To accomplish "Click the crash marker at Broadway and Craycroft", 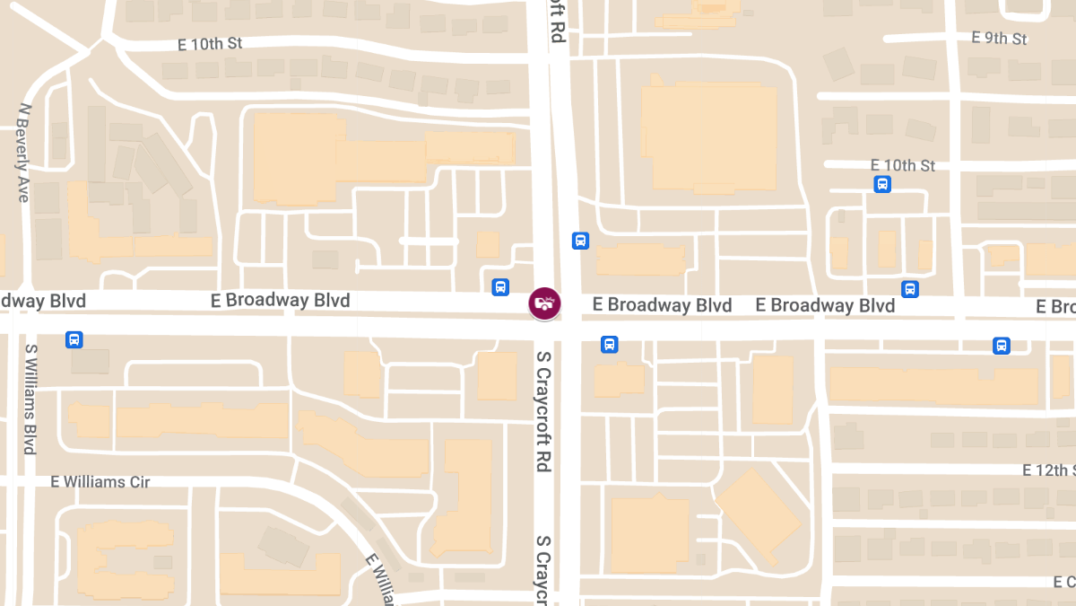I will pos(544,303).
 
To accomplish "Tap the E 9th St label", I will pos(999,38).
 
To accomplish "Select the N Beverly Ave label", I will pos(23,152).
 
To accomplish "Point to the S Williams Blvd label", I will pos(30,400).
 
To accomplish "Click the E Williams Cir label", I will pos(100,482).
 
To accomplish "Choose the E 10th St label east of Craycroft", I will pos(903,165).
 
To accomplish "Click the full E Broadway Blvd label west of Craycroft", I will pos(280,300).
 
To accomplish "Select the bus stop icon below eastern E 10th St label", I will pos(882,184).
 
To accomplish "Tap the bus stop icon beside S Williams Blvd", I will pos(74,339).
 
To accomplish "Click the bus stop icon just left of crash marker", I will pos(501,287).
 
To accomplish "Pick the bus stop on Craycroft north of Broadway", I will pos(580,241).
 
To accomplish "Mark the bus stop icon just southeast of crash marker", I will pos(609,344).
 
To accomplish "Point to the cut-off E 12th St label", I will pos(1048,470).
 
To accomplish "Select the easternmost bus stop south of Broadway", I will pos(1002,346).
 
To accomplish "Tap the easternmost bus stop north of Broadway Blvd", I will pos(910,289).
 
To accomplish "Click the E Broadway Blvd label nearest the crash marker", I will pos(662,305).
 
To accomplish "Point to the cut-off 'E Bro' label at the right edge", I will pos(1055,307).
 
